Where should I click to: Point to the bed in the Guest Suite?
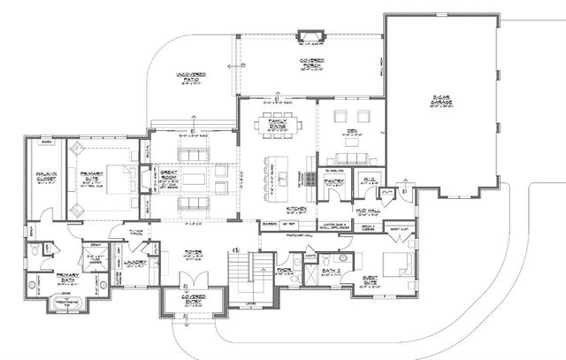click(x=397, y=263)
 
